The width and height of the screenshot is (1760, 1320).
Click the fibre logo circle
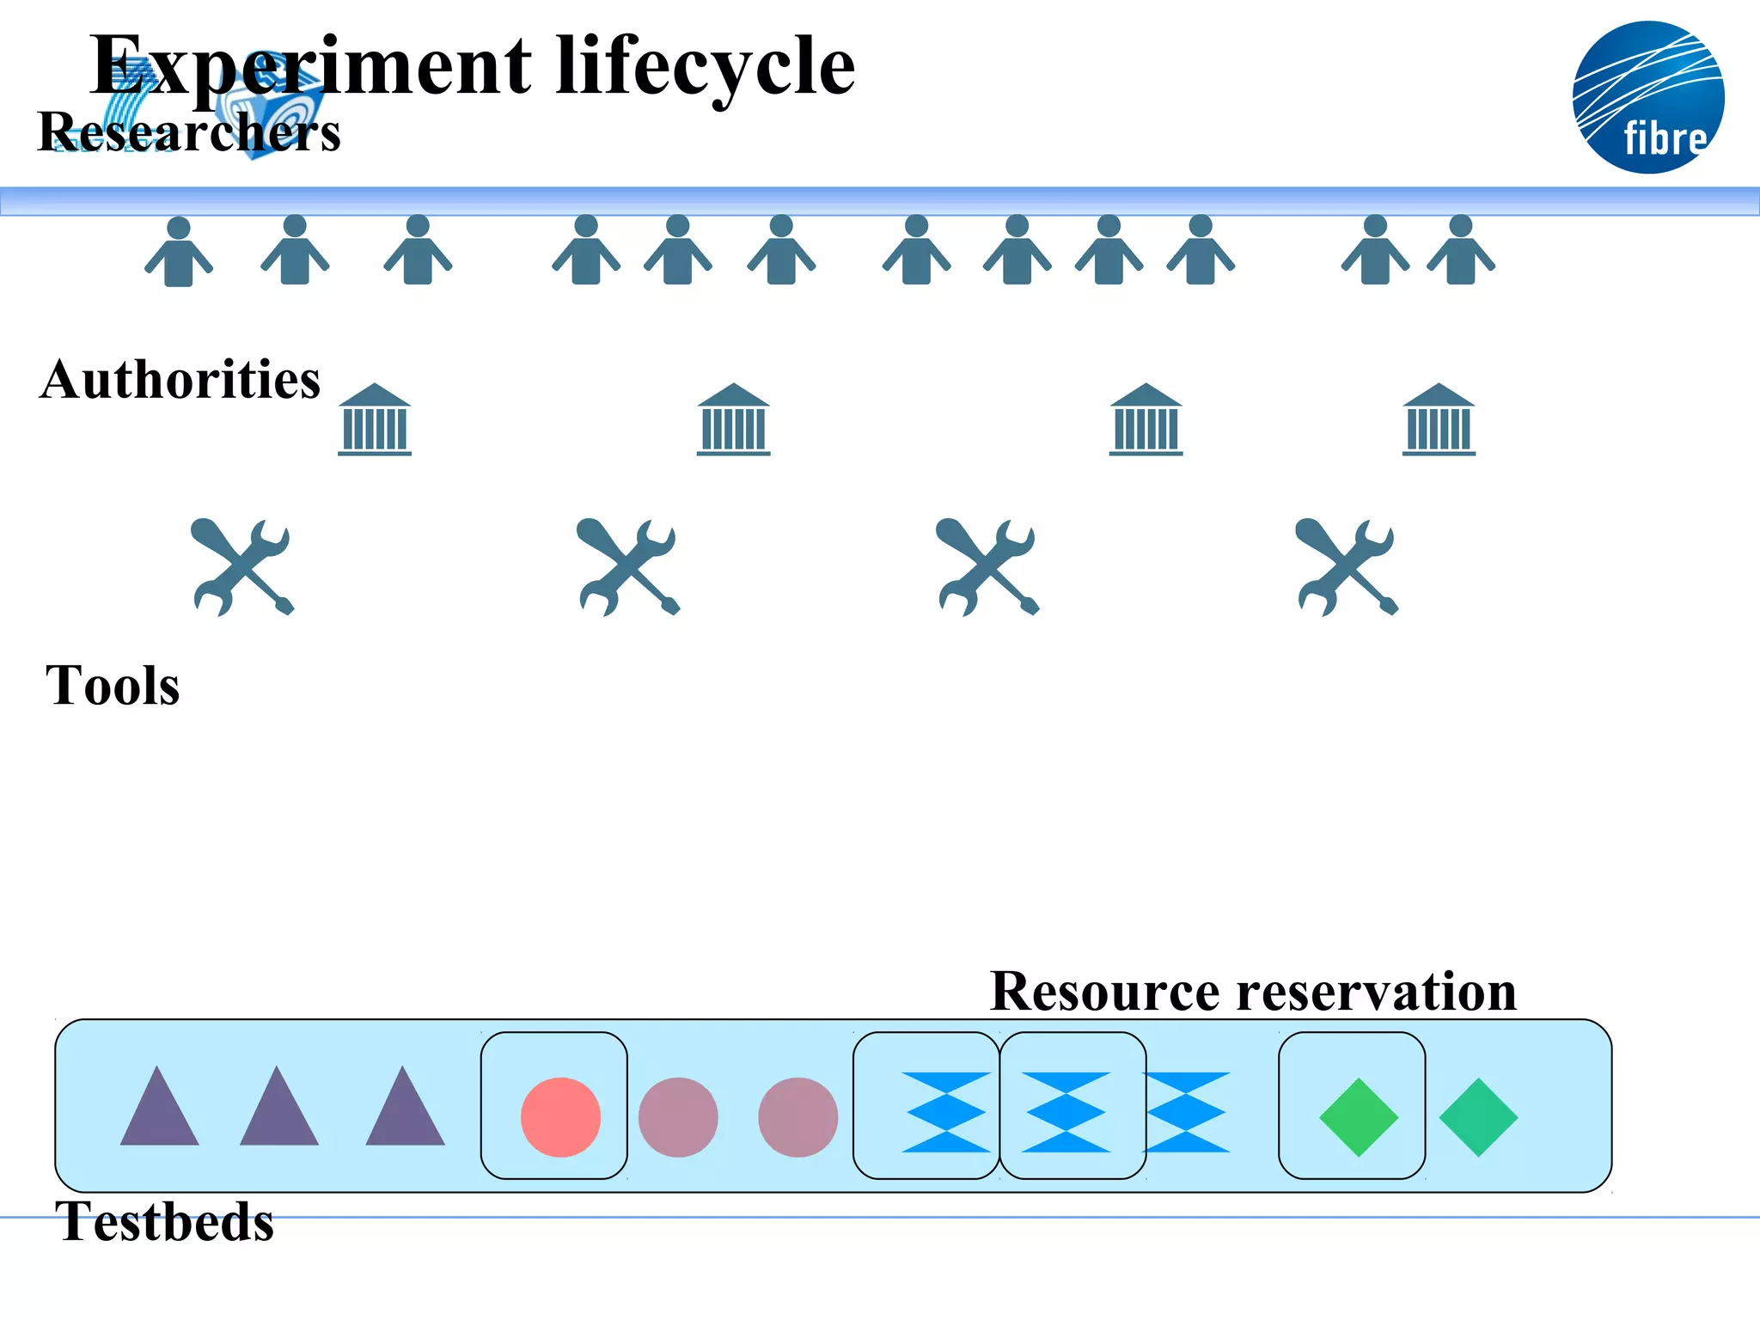(1647, 97)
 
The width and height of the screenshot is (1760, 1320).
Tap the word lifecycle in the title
(706, 66)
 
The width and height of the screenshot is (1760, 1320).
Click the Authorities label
(180, 379)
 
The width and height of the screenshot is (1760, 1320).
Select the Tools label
(113, 686)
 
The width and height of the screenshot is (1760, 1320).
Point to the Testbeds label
(164, 1221)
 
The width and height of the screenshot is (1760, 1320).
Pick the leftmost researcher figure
(178, 251)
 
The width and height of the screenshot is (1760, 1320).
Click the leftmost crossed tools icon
(243, 566)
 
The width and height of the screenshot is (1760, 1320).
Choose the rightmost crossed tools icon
(1347, 566)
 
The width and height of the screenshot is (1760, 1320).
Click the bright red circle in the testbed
(560, 1116)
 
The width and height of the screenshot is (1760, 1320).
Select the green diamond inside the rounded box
(1359, 1117)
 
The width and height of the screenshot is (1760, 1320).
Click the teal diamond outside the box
(1478, 1117)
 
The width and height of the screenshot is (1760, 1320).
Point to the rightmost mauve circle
(797, 1117)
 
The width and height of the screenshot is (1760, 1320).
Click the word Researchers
(189, 132)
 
